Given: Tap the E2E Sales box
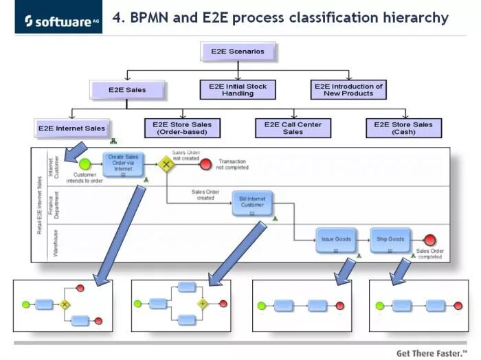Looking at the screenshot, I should [x=127, y=89].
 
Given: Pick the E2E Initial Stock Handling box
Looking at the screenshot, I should [x=238, y=89].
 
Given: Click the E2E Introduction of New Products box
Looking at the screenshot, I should [x=348, y=89].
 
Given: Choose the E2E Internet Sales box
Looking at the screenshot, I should [x=71, y=128].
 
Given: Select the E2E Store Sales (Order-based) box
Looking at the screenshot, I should [x=182, y=128].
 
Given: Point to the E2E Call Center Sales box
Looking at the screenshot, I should [x=293, y=128].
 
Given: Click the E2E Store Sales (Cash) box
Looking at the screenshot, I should [x=403, y=128].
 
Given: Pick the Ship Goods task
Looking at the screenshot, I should [x=390, y=240].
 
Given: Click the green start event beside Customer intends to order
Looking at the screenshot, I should [x=85, y=164].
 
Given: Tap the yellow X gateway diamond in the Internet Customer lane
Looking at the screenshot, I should [x=166, y=164].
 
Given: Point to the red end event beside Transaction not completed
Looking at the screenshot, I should [x=205, y=164].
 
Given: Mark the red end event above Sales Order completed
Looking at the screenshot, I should [x=430, y=240].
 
